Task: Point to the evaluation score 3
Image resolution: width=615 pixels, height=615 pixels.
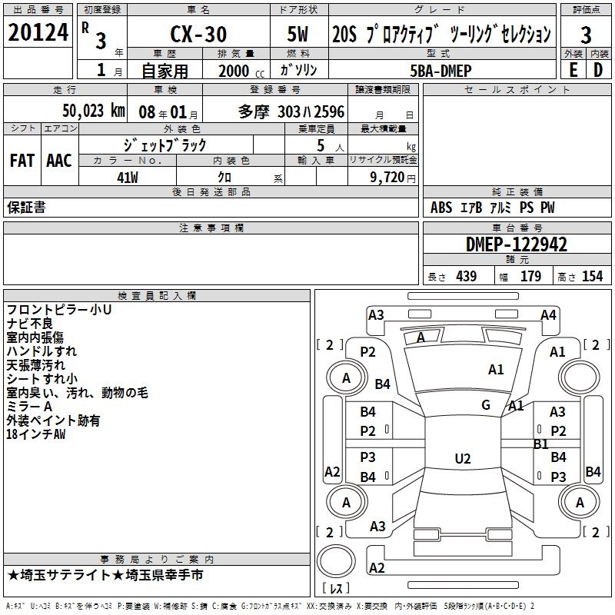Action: tap(586, 35)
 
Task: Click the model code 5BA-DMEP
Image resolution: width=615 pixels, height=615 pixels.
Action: tap(440, 71)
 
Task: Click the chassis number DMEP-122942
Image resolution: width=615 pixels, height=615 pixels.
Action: tap(517, 244)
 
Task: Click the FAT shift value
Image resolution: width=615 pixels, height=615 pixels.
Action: tap(22, 161)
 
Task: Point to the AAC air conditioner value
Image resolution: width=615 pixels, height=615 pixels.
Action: tap(58, 161)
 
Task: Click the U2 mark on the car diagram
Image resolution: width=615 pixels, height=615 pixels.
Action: tap(462, 459)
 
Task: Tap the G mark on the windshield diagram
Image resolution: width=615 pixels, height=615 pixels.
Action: tap(486, 405)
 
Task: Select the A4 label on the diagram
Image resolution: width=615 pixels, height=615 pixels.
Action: tap(548, 314)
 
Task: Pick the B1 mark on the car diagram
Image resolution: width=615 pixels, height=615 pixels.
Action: tap(540, 444)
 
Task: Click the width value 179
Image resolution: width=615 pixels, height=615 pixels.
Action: tap(530, 277)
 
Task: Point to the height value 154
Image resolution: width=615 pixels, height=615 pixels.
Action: tap(592, 277)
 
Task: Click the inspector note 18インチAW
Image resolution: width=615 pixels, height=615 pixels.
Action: tap(36, 434)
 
